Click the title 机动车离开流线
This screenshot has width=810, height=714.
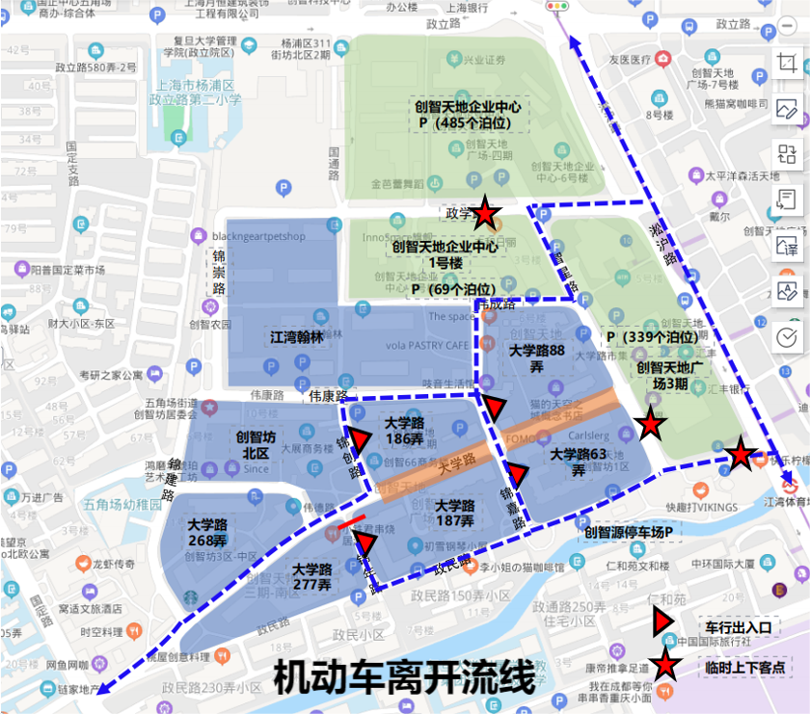tap(404, 677)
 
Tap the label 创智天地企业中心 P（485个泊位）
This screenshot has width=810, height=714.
tap(468, 115)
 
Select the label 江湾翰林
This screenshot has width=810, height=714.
tap(295, 337)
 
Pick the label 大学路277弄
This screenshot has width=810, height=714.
tap(311, 576)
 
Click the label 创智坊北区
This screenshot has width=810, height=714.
tap(256, 444)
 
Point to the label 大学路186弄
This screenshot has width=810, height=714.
tap(404, 431)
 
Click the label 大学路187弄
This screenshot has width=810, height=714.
tap(454, 513)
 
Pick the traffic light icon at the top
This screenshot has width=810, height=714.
tap(556, 7)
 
